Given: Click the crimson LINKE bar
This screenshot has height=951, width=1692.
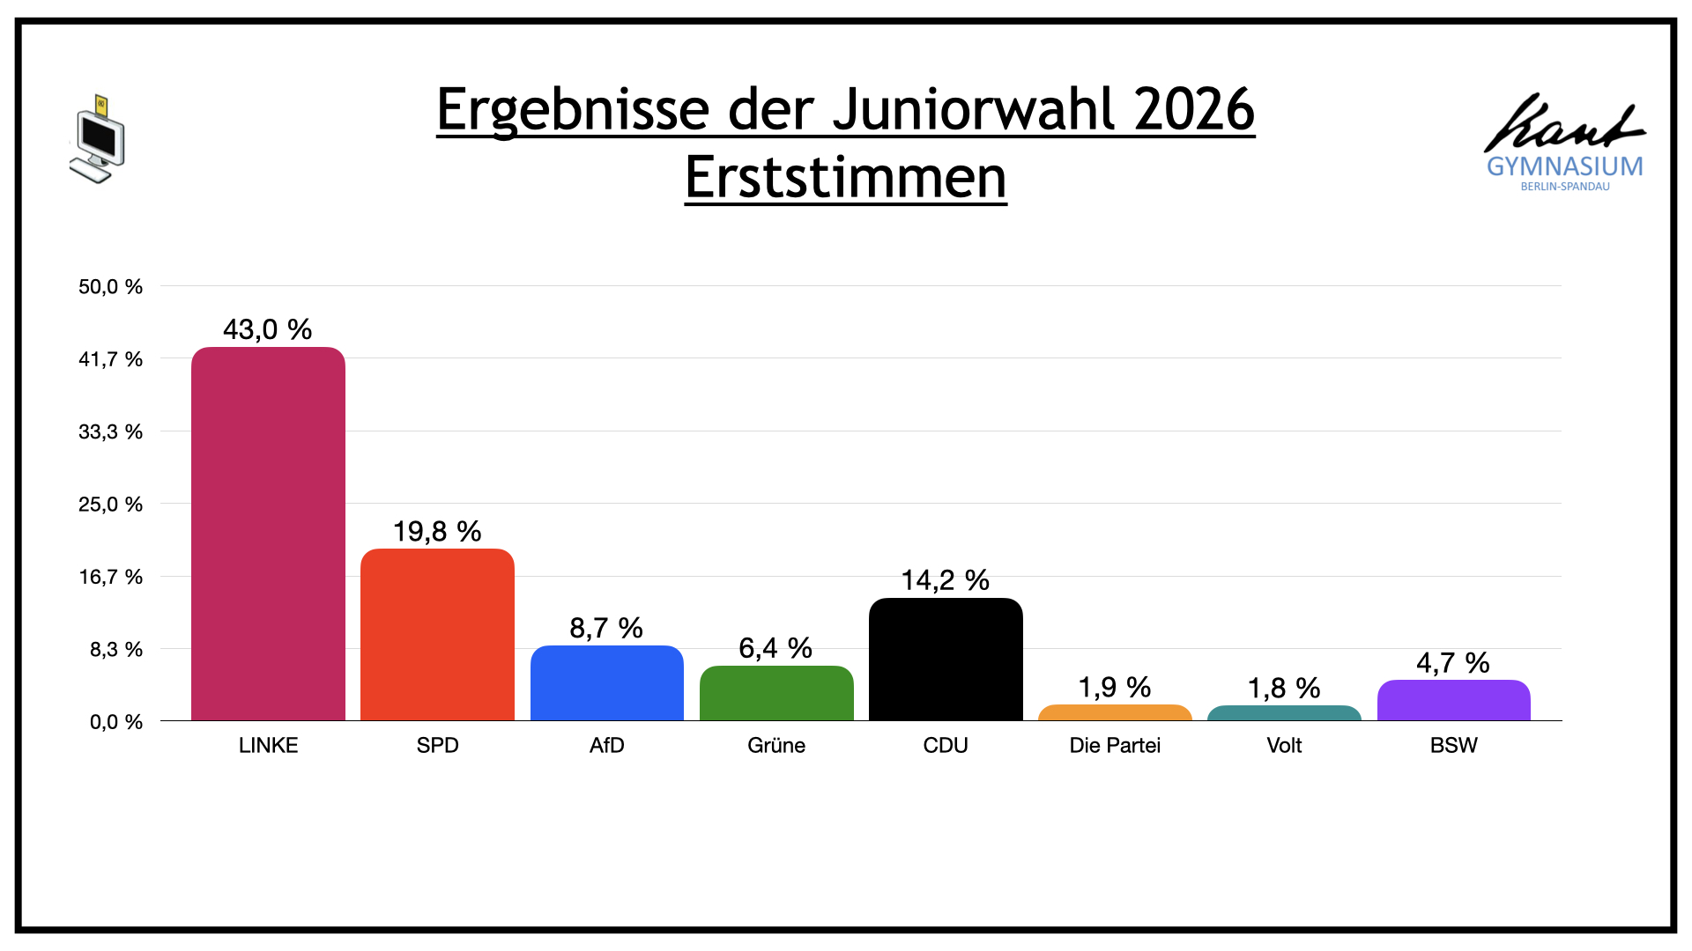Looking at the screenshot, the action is click(x=268, y=534).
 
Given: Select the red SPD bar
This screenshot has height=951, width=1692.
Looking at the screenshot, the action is click(x=437, y=635).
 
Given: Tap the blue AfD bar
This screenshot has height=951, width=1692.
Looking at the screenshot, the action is click(x=607, y=683).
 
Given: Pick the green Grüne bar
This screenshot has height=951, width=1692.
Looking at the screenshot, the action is click(x=776, y=693).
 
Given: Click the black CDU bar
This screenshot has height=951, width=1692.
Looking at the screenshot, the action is click(x=946, y=660).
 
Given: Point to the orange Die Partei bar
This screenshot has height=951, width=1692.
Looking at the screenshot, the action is click(x=1115, y=712).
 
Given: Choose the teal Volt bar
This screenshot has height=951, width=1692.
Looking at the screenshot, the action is click(x=1284, y=713).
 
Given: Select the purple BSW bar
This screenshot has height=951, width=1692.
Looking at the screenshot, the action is click(x=1454, y=700).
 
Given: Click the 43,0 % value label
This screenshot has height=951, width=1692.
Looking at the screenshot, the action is click(x=268, y=329).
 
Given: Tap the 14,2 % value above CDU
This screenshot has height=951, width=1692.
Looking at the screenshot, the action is click(x=946, y=580).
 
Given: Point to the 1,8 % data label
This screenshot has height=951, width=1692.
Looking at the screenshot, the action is click(x=1284, y=688).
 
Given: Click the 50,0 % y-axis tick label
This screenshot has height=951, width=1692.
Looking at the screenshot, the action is click(x=111, y=286).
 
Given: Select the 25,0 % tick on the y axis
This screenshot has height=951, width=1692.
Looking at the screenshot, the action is click(x=111, y=505).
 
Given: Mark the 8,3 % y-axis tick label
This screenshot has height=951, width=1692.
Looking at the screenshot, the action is click(x=116, y=650).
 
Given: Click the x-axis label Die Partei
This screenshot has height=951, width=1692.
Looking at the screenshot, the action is click(x=1115, y=745).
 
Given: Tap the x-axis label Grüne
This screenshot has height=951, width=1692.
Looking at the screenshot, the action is click(x=776, y=745).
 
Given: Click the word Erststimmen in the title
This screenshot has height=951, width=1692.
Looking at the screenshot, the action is click(x=846, y=178).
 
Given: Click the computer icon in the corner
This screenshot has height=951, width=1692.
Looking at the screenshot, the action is click(x=98, y=139).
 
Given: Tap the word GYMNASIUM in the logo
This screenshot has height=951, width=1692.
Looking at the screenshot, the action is click(x=1565, y=166).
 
